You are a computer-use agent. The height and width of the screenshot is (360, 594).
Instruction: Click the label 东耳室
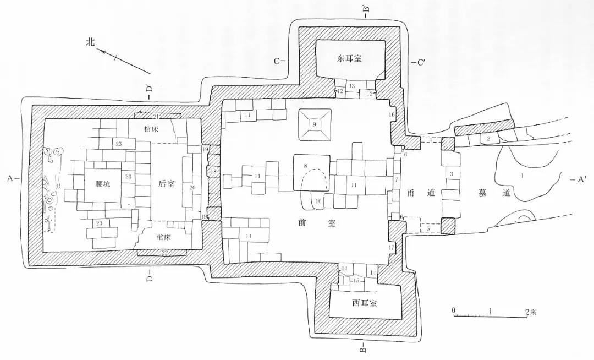coord(353,58)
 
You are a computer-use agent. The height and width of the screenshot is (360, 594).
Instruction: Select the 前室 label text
coord(314,224)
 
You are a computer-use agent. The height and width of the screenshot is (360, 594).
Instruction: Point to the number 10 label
coord(318,200)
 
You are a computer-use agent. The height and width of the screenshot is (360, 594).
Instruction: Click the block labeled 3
coord(451,174)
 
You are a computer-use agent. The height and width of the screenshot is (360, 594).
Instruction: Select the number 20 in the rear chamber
coord(193,187)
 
